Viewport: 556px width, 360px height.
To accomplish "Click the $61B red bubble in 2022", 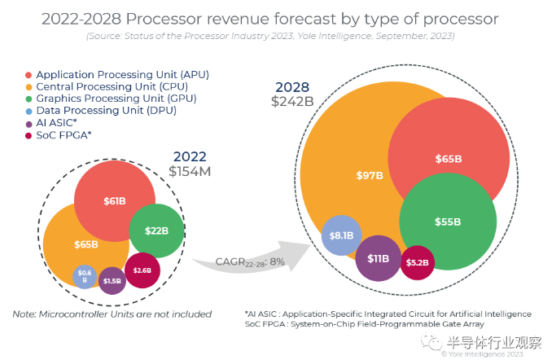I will pyautogui.click(x=115, y=201).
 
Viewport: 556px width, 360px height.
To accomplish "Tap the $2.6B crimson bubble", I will pyautogui.click(x=142, y=270).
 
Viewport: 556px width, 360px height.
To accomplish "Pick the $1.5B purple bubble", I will pyautogui.click(x=112, y=280).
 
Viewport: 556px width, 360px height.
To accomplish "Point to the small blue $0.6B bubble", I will pyautogui.click(x=85, y=276).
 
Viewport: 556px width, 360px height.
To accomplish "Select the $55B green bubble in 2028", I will pyautogui.click(x=448, y=222).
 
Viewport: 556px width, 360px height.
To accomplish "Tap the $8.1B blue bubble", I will pyautogui.click(x=341, y=235).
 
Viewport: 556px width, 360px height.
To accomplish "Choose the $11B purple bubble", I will pyautogui.click(x=378, y=258).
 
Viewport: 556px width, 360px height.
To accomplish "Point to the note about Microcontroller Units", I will pyautogui.click(x=112, y=314).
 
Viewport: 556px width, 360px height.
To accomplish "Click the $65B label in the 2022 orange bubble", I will pyautogui.click(x=85, y=244).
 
